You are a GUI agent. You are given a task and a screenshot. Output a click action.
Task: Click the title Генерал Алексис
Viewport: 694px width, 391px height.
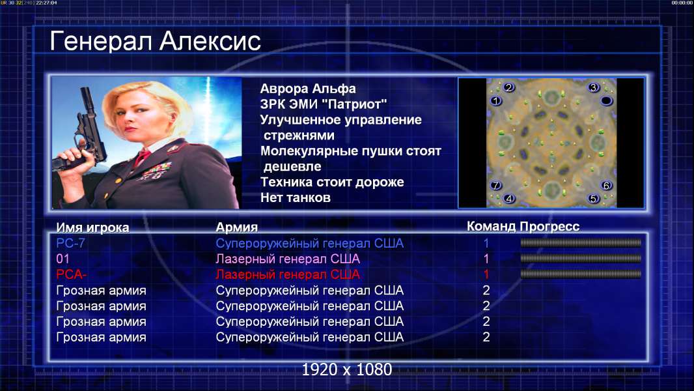pyautogui.click(x=155, y=41)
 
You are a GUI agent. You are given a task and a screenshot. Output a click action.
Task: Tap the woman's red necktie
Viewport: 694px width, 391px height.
pyautogui.click(x=143, y=157)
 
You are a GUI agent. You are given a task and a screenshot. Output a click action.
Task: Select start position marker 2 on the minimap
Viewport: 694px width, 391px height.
pyautogui.click(x=509, y=87)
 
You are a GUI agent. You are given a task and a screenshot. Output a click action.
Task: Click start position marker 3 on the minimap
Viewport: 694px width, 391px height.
pyautogui.click(x=594, y=87)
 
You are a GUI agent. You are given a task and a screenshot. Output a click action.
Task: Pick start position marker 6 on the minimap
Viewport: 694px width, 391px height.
pyautogui.click(x=606, y=185)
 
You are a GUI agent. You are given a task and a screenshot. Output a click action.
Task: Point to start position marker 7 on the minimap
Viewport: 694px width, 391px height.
pyautogui.click(x=495, y=185)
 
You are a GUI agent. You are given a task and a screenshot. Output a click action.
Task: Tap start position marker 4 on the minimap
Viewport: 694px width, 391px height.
pyautogui.click(x=509, y=198)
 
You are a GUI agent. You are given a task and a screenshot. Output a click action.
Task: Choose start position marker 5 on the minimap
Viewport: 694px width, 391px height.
pyautogui.click(x=594, y=198)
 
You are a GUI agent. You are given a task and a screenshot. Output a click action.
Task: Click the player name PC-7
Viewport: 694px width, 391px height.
pyautogui.click(x=70, y=243)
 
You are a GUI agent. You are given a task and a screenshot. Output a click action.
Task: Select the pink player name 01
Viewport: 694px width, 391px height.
pyautogui.click(x=63, y=259)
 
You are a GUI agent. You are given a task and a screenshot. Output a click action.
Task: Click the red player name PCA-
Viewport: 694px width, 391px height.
pyautogui.click(x=71, y=274)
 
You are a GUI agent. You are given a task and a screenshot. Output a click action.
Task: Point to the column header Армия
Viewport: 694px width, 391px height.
pyautogui.click(x=236, y=227)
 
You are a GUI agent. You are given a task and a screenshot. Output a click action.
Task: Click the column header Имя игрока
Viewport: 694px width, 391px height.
pyautogui.click(x=92, y=227)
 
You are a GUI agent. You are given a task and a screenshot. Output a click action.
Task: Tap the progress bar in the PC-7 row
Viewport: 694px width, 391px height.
pyautogui.click(x=581, y=242)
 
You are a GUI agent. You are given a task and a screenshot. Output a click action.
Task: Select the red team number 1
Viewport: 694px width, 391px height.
pyautogui.click(x=486, y=274)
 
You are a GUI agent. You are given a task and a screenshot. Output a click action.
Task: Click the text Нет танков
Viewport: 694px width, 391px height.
pyautogui.click(x=295, y=197)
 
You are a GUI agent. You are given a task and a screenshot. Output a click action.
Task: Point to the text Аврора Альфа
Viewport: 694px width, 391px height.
pyautogui.click(x=307, y=89)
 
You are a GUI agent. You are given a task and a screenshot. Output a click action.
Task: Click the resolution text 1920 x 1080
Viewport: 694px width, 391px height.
pyautogui.click(x=346, y=369)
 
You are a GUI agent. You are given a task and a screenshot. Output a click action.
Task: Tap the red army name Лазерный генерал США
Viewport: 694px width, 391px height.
pyautogui.click(x=288, y=274)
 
